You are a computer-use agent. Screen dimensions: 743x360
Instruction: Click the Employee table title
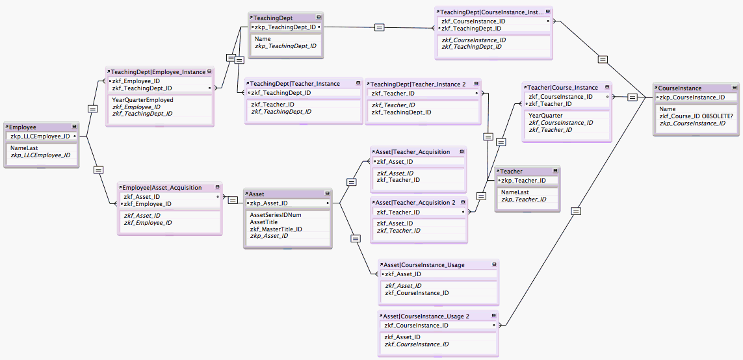point(23,127)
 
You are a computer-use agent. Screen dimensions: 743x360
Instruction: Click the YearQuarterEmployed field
point(142,100)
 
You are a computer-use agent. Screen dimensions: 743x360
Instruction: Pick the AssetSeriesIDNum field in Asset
point(276,214)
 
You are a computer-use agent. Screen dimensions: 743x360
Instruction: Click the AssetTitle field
point(264,222)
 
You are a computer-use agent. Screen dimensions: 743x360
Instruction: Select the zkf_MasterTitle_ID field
point(276,229)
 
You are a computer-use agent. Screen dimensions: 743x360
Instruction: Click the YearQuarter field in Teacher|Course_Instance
point(545,115)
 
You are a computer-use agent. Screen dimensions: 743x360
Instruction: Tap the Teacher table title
point(512,170)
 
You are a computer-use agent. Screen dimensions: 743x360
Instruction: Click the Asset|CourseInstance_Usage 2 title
point(426,316)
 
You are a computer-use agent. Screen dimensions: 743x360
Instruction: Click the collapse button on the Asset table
point(327,194)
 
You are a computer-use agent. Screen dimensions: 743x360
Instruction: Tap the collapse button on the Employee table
point(74,127)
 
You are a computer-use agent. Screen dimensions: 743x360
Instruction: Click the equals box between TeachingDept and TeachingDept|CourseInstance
point(379,27)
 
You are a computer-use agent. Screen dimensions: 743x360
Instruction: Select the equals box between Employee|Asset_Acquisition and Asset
point(232,200)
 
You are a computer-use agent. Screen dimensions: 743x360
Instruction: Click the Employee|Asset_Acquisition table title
point(162,188)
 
